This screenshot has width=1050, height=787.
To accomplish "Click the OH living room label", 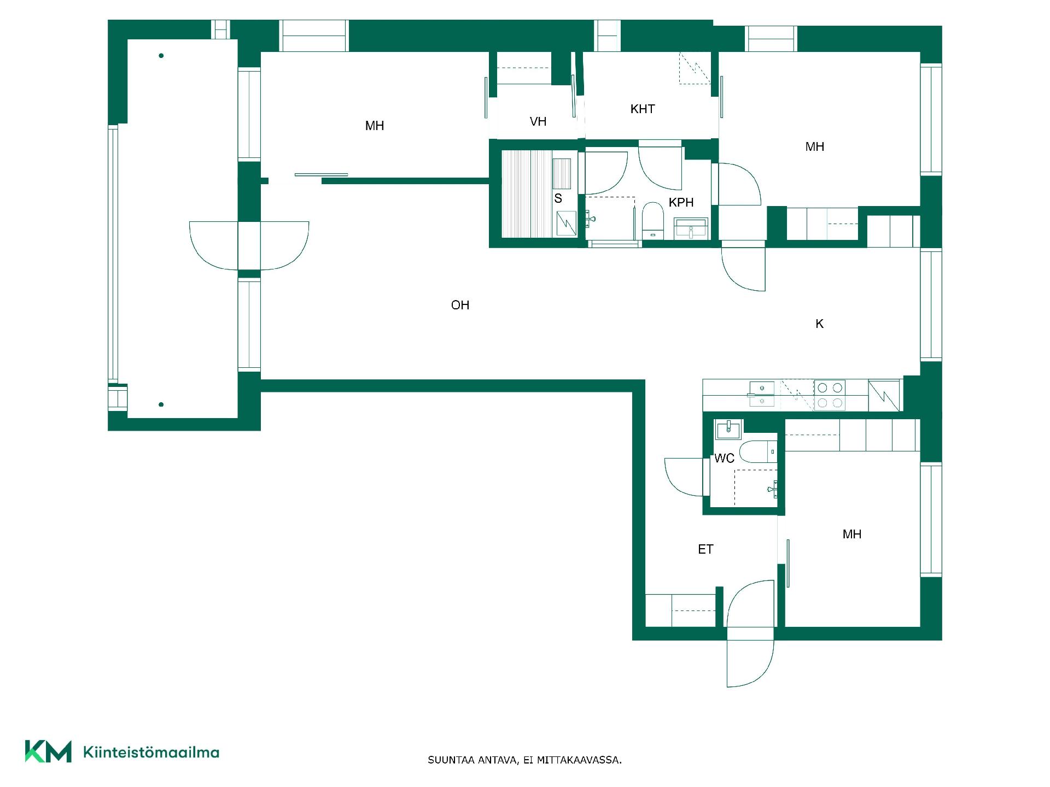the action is tap(460, 305).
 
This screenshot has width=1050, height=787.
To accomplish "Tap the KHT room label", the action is tap(643, 109).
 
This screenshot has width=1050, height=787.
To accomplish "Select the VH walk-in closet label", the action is tap(538, 121).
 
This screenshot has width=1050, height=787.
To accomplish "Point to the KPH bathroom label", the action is tap(681, 202).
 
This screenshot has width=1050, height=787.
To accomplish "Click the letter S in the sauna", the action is tap(558, 198).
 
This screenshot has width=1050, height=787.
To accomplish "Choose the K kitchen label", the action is tap(819, 324).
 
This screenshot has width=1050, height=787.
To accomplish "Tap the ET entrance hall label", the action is tap(705, 549).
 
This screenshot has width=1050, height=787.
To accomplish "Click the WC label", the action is tap(724, 458).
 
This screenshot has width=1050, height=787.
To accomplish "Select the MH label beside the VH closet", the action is tap(375, 126).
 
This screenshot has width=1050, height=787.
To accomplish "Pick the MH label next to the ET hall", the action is tap(852, 534).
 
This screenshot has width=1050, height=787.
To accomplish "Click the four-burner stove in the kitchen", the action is tap(830, 395).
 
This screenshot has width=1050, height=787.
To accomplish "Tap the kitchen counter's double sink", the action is tap(761, 395).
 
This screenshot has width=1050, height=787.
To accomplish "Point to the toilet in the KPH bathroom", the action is tap(652, 221).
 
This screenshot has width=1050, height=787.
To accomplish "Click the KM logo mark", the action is tap(48, 751).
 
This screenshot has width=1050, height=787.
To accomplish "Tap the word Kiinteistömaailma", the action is tap(151, 752).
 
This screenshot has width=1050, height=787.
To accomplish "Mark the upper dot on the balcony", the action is tap(161, 56).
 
